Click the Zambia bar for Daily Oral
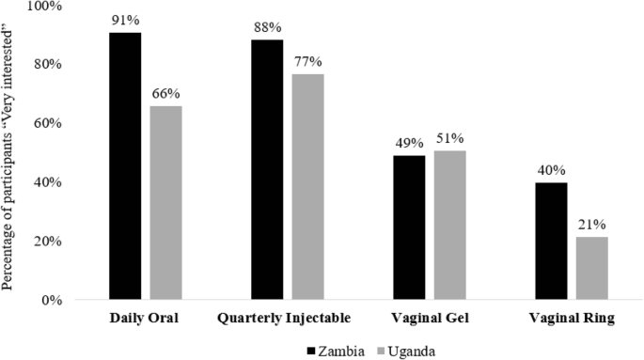click(x=125, y=166)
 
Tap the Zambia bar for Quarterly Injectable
click(x=267, y=170)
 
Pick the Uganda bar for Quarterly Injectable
click(x=307, y=187)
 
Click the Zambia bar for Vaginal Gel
click(x=409, y=228)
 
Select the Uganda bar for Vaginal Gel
click(x=449, y=226)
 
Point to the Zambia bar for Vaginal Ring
click(x=551, y=242)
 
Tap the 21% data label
click(x=591, y=226)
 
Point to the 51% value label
click(x=449, y=139)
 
